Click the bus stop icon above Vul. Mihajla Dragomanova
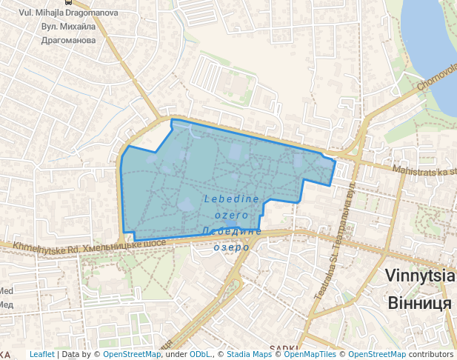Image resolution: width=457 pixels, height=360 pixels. pyautogui.click(x=68, y=2)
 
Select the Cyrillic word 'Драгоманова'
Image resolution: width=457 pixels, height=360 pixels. pyautogui.click(x=69, y=40)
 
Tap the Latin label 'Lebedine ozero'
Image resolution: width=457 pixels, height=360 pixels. pyautogui.click(x=231, y=206)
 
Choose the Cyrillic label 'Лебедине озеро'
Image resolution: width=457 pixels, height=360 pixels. pyautogui.click(x=232, y=239)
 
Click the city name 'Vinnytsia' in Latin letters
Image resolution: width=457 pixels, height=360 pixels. pyautogui.click(x=419, y=276)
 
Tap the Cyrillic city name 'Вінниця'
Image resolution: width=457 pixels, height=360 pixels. pyautogui.click(x=419, y=303)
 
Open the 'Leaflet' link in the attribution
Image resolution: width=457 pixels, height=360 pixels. pyautogui.click(x=41, y=354)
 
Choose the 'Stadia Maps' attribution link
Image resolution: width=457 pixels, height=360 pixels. pyautogui.click(x=250, y=354)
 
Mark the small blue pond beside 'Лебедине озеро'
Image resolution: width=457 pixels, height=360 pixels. pyautogui.click(x=231, y=223)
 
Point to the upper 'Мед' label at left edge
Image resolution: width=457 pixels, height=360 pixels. pyautogui.click(x=6, y=291)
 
